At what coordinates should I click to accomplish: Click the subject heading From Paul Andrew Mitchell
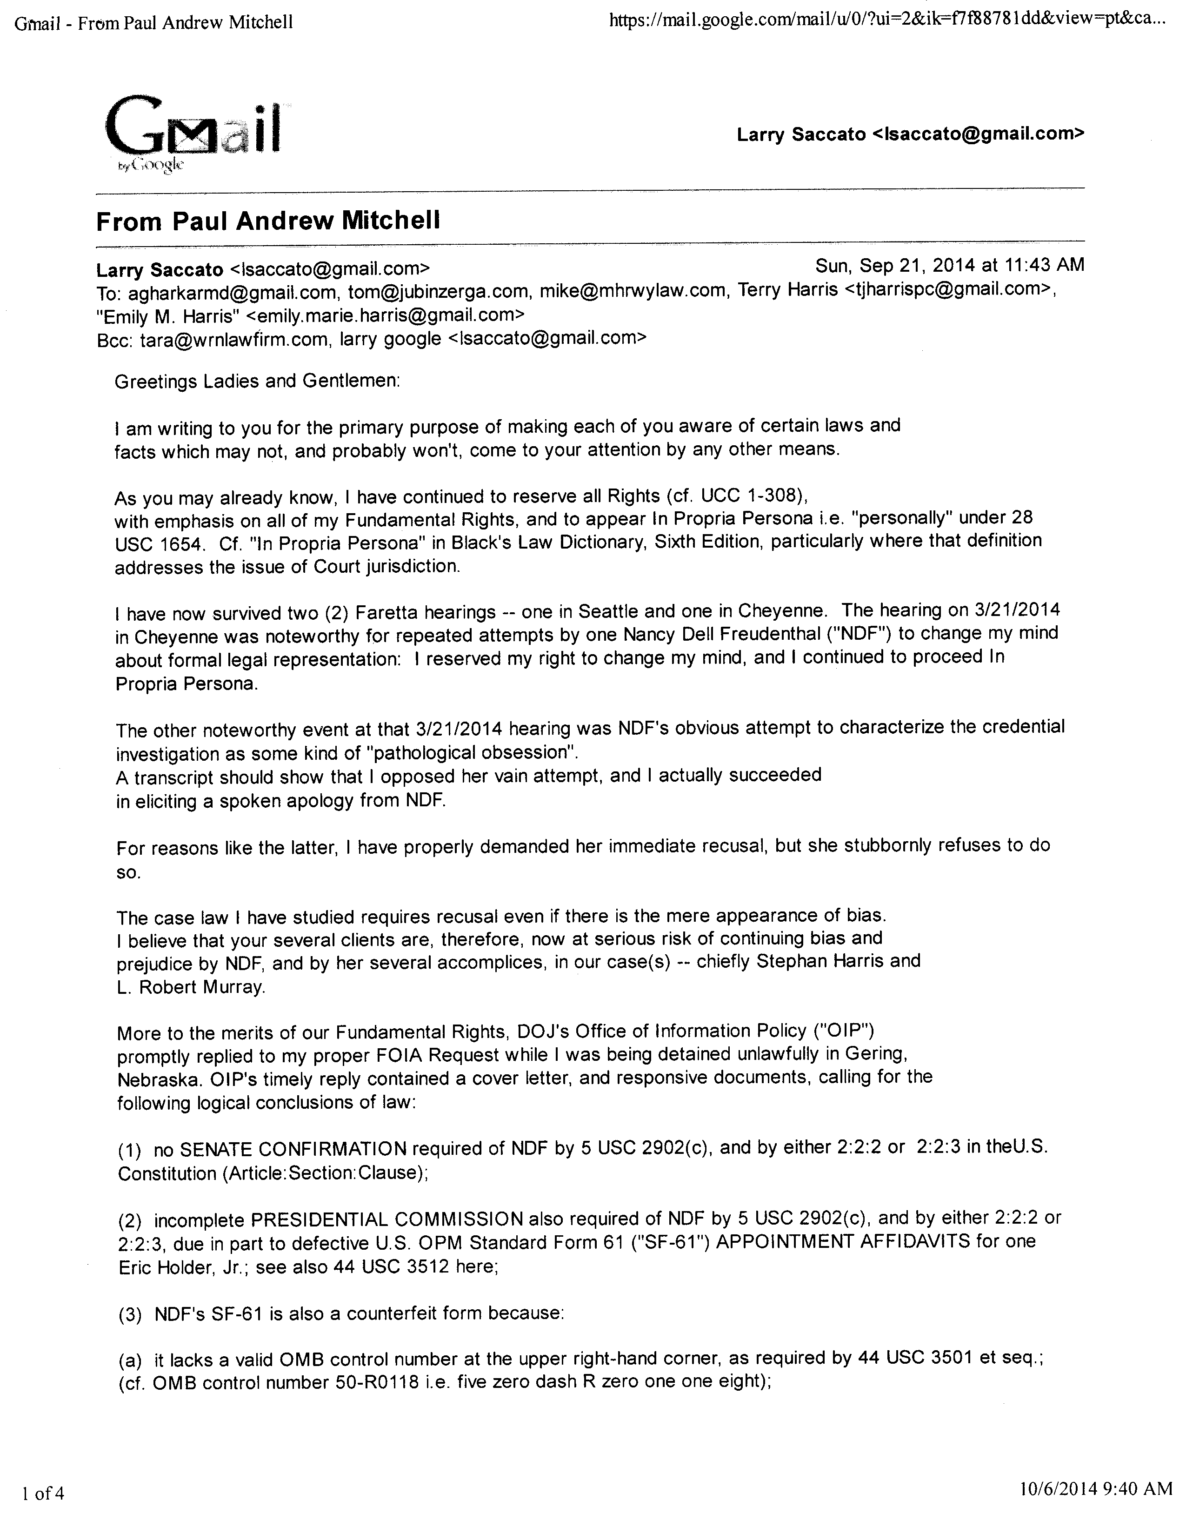[268, 221]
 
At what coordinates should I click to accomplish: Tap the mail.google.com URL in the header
[888, 22]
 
